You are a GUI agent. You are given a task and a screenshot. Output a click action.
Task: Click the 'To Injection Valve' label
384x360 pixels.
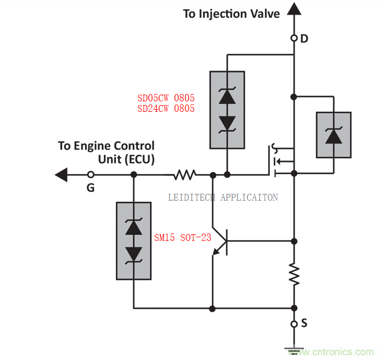(231, 14)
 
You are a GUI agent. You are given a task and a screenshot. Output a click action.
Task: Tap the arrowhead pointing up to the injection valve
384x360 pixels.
(294, 9)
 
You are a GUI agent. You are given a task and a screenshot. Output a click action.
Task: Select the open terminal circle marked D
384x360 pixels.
(294, 38)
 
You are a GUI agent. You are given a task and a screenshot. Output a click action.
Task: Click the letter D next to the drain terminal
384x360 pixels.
(305, 38)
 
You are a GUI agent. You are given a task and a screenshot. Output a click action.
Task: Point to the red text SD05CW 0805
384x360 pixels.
(166, 98)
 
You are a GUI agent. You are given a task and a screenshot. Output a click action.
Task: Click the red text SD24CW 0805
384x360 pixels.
(166, 109)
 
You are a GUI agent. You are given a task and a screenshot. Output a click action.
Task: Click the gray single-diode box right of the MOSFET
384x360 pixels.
(333, 134)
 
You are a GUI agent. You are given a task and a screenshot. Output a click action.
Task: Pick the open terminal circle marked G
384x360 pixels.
(90, 174)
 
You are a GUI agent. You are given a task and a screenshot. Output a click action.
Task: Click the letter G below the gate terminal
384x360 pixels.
(90, 187)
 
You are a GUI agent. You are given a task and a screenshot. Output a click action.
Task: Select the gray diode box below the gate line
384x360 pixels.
(134, 241)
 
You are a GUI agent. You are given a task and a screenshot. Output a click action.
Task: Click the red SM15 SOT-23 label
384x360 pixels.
(182, 238)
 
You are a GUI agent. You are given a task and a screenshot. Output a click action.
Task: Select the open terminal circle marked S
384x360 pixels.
(294, 324)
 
